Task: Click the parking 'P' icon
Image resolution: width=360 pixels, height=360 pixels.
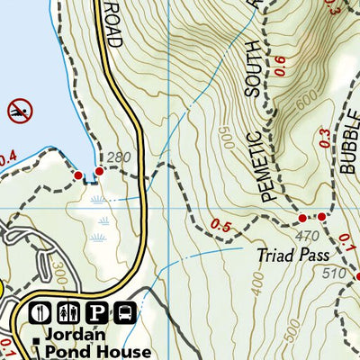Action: tap(97, 313)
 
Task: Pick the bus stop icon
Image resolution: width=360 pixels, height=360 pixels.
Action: tap(125, 313)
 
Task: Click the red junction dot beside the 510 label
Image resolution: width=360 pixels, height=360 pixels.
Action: tap(357, 276)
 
